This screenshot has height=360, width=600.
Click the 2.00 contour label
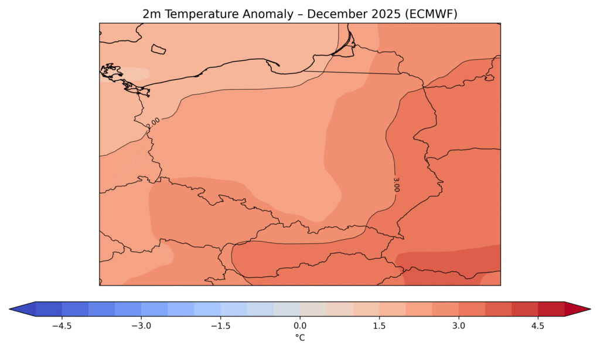pyautogui.click(x=153, y=123)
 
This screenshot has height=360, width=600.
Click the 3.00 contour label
pyautogui.click(x=397, y=184)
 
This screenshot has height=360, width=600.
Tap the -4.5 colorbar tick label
pyautogui.click(x=62, y=326)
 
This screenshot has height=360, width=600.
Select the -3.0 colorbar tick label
pyautogui.click(x=141, y=326)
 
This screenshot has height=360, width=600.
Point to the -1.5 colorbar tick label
pyautogui.click(x=220, y=326)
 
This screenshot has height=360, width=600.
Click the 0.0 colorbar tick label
pyautogui.click(x=300, y=326)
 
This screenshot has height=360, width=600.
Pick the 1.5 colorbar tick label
pyautogui.click(x=379, y=326)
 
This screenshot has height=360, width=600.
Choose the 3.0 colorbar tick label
pyautogui.click(x=458, y=326)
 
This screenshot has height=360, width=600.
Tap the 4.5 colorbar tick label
pyautogui.click(x=538, y=326)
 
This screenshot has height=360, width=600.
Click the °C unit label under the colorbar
pyautogui.click(x=300, y=337)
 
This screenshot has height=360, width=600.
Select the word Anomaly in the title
pyautogui.click(x=268, y=15)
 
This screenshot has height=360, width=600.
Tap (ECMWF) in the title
pyautogui.click(x=429, y=14)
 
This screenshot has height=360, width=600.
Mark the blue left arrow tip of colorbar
pyautogui.click(x=10, y=309)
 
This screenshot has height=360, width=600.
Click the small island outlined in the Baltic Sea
pyautogui.click(x=158, y=49)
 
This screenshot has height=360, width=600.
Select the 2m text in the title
pyautogui.click(x=152, y=14)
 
